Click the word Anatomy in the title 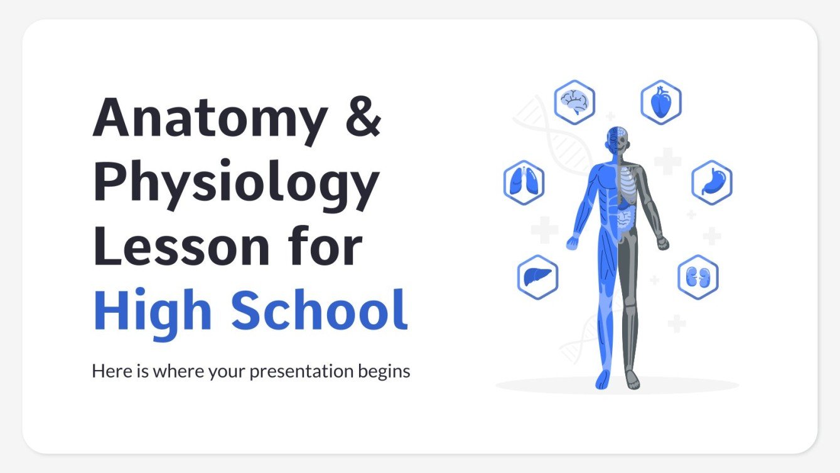tap(210, 119)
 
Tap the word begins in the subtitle tap(384, 372)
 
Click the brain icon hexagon tap(574, 101)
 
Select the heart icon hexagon tap(660, 102)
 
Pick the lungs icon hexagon tap(524, 182)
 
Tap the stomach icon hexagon tap(712, 182)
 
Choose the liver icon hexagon tap(537, 276)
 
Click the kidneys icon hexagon tap(697, 277)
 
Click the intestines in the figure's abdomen tap(624, 218)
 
